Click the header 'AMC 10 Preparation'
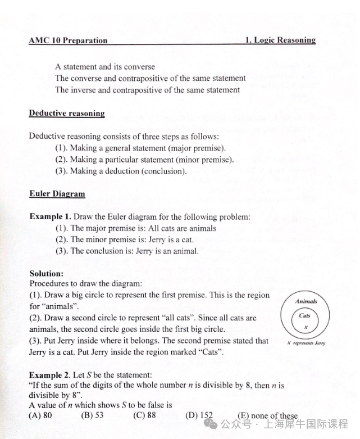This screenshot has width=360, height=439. pos(67,40)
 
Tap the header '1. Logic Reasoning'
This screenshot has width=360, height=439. pos(280,40)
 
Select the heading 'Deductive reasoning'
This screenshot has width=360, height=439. pos(67,113)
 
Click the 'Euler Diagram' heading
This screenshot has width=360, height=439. pos(57,194)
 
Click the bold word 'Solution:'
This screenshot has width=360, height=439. pos(46,274)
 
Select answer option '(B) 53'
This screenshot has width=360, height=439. pos(93,416)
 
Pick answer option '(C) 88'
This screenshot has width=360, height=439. pos(144,416)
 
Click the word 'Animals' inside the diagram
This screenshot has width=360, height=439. pos(306,301)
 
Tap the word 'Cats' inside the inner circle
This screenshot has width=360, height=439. pos(305,315)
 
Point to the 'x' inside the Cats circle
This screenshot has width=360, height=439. pos(306,325)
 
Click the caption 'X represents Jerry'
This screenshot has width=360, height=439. pos(306,342)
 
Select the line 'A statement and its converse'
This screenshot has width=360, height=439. pos(105,66)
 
